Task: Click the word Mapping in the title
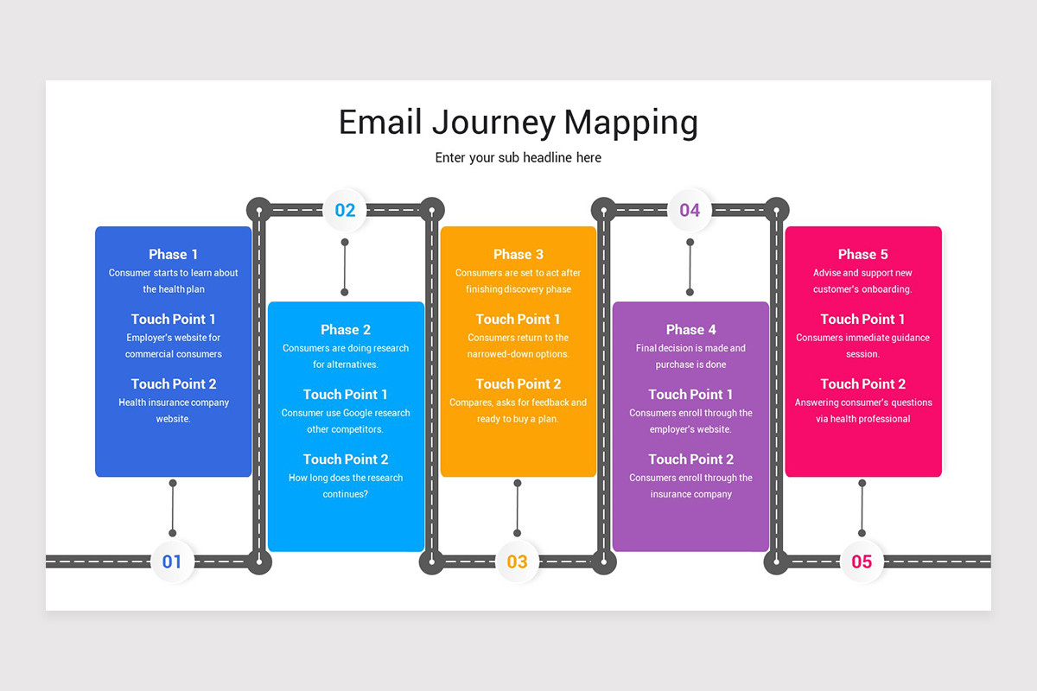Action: pos(631,123)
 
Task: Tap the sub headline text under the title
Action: pos(518,158)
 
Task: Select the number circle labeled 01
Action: pos(173,561)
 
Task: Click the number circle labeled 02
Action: pos(345,210)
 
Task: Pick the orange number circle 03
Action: pos(517,561)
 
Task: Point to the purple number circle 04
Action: pos(690,210)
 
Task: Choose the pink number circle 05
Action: pos(862,561)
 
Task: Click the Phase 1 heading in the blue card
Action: pos(173,254)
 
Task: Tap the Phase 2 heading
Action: pos(346,329)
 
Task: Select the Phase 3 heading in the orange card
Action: pos(518,254)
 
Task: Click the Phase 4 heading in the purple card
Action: pos(690,329)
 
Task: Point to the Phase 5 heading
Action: pos(862,254)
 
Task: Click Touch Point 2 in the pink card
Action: pos(862,384)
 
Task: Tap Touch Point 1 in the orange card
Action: pos(518,319)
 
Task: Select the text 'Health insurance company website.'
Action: pos(173,410)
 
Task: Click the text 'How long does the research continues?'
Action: pos(346,485)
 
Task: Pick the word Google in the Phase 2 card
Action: pos(363,413)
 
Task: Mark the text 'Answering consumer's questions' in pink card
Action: pos(862,403)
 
